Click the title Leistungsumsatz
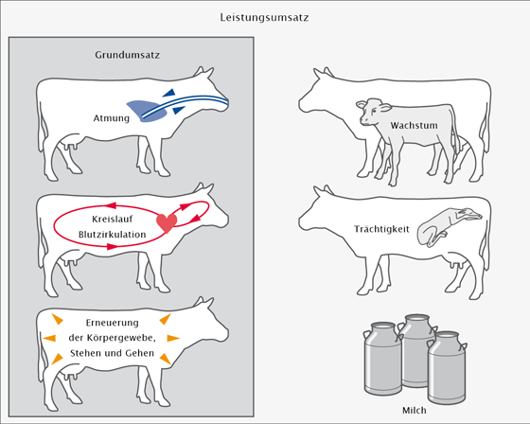tap(264, 17)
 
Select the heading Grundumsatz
tap(127, 55)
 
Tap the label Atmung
tap(112, 118)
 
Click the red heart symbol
tap(167, 222)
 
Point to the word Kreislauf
tap(113, 219)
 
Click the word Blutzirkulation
tap(113, 235)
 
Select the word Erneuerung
tap(113, 323)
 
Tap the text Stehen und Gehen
tap(113, 353)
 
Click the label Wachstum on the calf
tap(415, 126)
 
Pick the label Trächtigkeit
tap(381, 229)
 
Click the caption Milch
tap(415, 411)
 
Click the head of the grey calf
tap(373, 112)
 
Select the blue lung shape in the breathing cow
tap(147, 111)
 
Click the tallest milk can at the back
tap(416, 350)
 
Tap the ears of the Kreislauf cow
tap(203, 188)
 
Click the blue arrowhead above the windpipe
tap(169, 93)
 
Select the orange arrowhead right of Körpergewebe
tap(173, 338)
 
